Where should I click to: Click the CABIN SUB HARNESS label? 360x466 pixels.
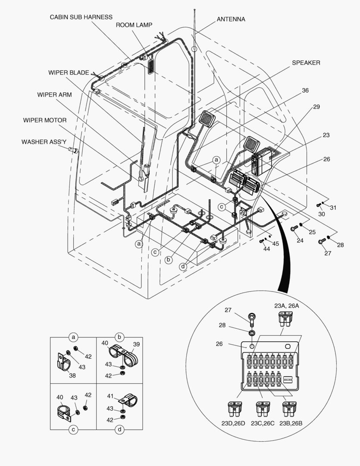pyautogui.click(x=81, y=17)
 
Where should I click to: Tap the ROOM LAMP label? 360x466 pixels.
pyautogui.click(x=134, y=25)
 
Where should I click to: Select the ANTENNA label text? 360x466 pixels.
pyautogui.click(x=231, y=19)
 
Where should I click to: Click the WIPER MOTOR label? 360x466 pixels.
pyautogui.click(x=45, y=120)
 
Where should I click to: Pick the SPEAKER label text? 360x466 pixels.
pyautogui.click(x=306, y=63)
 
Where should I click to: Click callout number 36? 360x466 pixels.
pyautogui.click(x=305, y=91)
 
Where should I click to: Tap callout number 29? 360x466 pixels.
pyautogui.click(x=316, y=107)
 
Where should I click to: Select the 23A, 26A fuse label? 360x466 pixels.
pyautogui.click(x=286, y=306)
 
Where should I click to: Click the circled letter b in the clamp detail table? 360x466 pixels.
pyautogui.click(x=119, y=337)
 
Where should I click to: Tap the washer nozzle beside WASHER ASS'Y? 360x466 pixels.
pyautogui.click(x=73, y=150)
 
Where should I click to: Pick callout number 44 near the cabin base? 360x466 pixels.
pyautogui.click(x=266, y=249)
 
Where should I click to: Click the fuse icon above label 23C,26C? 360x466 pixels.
pyautogui.click(x=262, y=408)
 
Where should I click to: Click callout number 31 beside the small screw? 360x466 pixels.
pyautogui.click(x=333, y=208)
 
